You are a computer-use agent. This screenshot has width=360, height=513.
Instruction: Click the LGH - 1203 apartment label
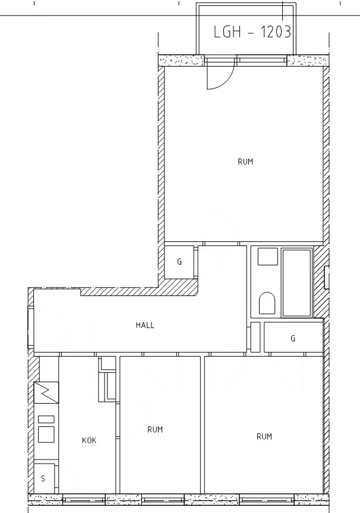click(252, 32)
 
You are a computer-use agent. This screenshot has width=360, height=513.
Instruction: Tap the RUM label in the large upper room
click(245, 162)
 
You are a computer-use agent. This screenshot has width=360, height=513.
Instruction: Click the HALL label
click(145, 325)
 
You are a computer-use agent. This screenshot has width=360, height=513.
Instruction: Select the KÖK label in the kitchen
click(89, 440)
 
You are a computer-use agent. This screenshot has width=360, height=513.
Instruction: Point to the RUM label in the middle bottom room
click(155, 429)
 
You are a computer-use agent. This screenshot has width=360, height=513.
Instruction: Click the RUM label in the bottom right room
click(264, 436)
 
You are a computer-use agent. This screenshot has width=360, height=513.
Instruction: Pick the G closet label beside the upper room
click(179, 262)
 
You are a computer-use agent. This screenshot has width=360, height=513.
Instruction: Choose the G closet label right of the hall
click(293, 338)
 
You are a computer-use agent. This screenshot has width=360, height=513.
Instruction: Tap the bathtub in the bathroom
click(296, 282)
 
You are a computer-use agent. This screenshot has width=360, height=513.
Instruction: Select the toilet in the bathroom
click(267, 303)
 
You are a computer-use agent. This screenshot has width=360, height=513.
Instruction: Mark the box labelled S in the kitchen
click(45, 477)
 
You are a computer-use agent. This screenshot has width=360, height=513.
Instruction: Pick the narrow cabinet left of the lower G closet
click(255, 336)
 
